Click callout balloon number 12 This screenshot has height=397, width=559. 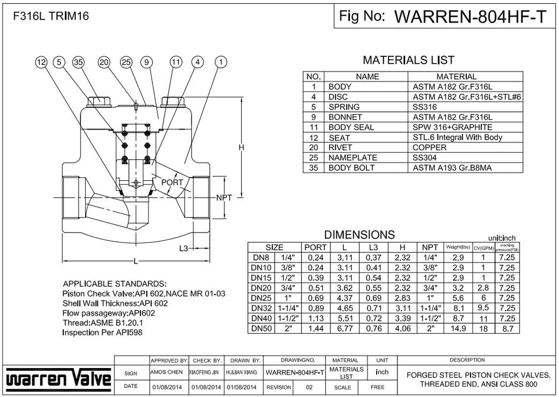[x=41, y=63]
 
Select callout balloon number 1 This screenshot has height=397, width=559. [x=221, y=63]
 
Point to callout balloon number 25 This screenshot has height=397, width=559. [x=126, y=63]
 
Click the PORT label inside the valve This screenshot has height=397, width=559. [x=172, y=182]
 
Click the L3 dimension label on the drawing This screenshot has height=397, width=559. [x=184, y=248]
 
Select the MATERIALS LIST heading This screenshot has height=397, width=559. [x=408, y=61]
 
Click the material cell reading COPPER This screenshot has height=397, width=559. [x=430, y=147]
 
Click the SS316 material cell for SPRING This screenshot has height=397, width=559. [x=425, y=107]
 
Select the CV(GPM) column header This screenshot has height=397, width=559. [x=483, y=247]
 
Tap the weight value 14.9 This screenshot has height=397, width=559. [x=458, y=328]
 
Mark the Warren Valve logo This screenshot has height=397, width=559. [x=58, y=377]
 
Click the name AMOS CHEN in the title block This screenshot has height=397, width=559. [x=169, y=372]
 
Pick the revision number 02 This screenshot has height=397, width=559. [x=310, y=387]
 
